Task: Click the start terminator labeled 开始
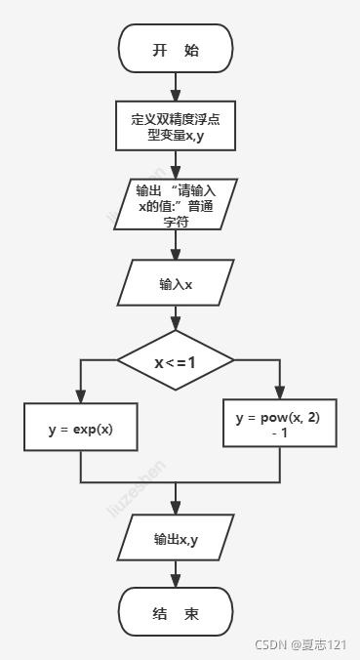click(176, 50)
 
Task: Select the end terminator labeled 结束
click(176, 614)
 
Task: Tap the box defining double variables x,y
click(176, 126)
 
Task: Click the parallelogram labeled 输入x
click(176, 284)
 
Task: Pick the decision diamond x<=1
click(176, 362)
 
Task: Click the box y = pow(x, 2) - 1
click(279, 423)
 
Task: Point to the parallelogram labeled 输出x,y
click(176, 538)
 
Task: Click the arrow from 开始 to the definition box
click(176, 88)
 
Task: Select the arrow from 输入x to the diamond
click(176, 319)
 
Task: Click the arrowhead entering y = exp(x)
click(80, 397)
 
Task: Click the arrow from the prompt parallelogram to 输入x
click(176, 244)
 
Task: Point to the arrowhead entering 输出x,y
click(176, 511)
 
